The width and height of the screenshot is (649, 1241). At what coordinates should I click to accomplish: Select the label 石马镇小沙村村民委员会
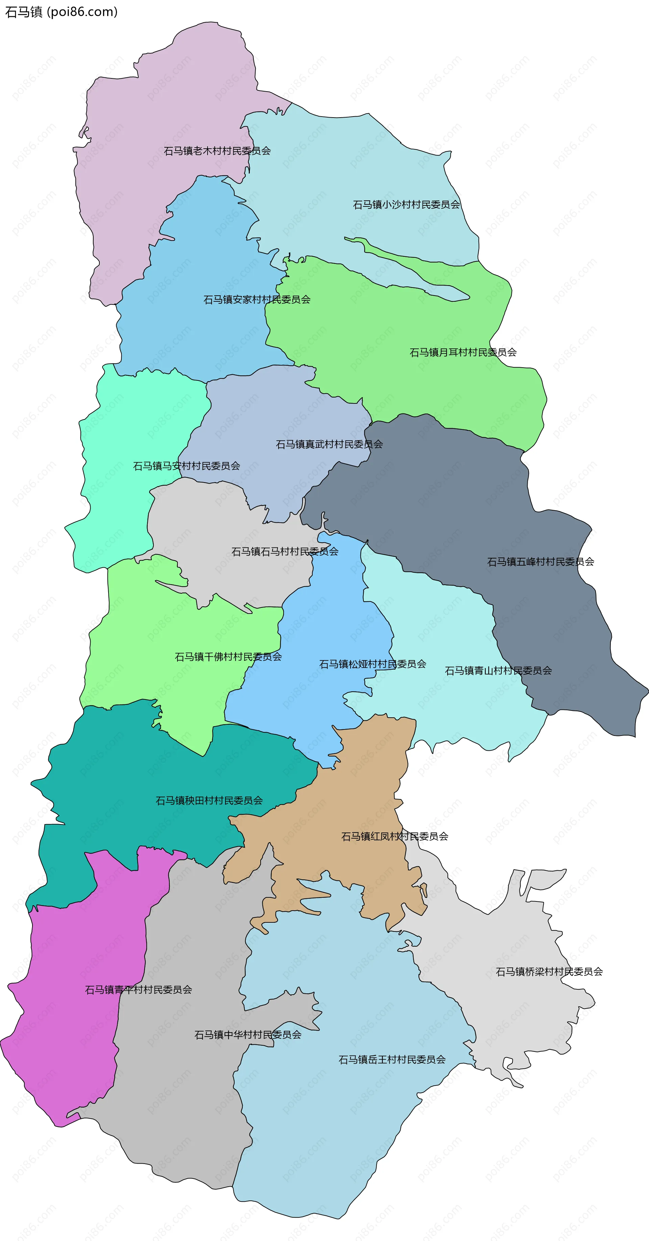tap(406, 205)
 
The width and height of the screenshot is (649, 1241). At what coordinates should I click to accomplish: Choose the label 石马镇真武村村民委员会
tap(329, 444)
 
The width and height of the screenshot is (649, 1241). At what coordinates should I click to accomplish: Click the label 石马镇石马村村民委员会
tap(284, 552)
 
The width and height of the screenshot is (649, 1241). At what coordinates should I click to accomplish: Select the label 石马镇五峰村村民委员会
tap(540, 562)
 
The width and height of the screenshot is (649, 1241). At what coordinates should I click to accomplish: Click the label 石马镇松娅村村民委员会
tap(372, 664)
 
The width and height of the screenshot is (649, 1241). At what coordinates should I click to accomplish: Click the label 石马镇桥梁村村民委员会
tap(549, 972)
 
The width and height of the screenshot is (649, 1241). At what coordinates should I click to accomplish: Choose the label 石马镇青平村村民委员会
tap(138, 990)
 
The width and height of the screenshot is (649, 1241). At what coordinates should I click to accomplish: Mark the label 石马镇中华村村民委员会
tap(248, 1035)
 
